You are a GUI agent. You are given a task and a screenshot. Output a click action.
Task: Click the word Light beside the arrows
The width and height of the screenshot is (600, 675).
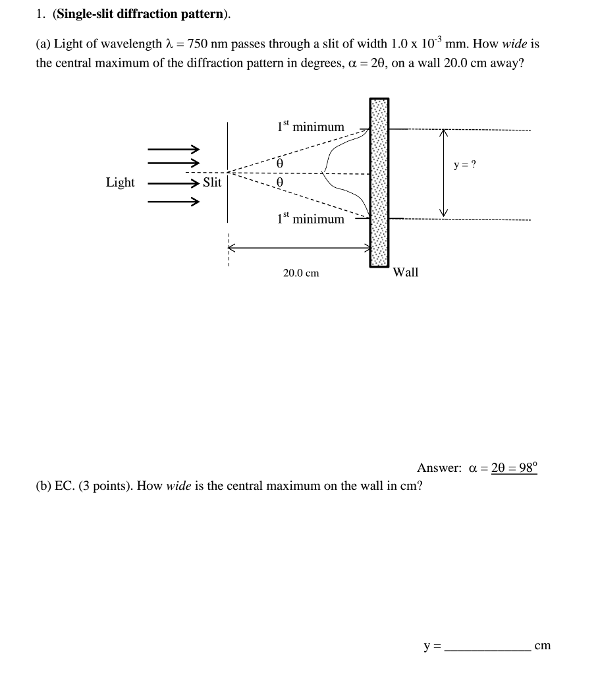coord(120,183)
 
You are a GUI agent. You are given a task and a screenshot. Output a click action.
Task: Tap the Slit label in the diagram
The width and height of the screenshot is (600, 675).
coord(212,183)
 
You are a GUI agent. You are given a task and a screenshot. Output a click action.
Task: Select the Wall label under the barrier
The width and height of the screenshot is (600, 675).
coord(405,272)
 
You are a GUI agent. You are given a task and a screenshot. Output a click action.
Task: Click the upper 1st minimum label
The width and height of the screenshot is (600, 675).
coord(311,126)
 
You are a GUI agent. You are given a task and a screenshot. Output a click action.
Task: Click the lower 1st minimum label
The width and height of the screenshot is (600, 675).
coord(311,218)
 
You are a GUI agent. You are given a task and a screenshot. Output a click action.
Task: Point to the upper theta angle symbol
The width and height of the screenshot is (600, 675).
coord(280,161)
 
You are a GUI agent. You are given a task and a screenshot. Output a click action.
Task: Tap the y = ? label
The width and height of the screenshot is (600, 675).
coord(464,164)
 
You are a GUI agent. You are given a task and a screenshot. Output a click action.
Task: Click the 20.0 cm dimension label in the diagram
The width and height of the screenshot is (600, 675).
coord(301,273)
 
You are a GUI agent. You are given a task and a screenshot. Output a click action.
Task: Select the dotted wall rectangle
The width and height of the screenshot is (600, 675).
coord(379,183)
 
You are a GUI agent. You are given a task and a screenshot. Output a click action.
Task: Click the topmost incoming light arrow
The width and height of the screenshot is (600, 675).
coord(173,148)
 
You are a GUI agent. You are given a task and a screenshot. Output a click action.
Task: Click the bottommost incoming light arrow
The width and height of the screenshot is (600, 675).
coord(173,202)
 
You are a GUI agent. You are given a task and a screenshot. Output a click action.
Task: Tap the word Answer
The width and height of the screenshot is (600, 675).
coord(439,468)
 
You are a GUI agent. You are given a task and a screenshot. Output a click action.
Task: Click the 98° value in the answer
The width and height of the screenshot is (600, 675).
coord(526,468)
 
